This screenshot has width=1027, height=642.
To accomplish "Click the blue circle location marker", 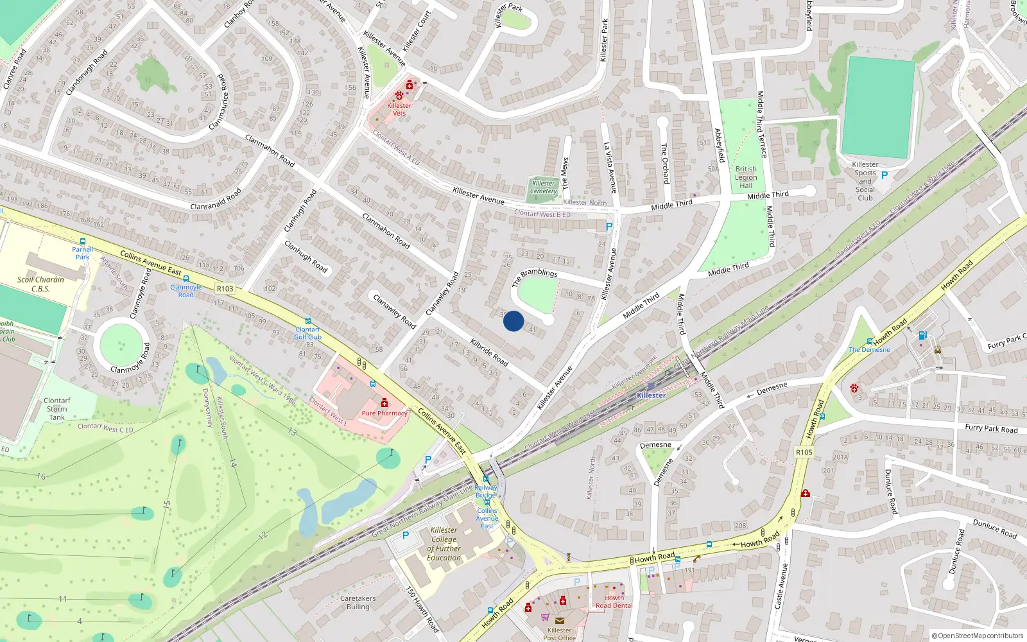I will click(x=513, y=321).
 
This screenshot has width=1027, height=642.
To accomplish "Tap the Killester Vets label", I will click(x=399, y=109).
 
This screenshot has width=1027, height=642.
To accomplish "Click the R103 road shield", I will click(x=225, y=289).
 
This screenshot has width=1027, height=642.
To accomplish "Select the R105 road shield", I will click(x=804, y=452).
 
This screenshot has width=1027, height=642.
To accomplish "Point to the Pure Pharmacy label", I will click(x=384, y=413).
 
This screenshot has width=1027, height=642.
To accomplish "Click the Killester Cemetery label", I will click(x=544, y=187).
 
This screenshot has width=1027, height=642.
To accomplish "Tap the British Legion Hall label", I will click(x=746, y=177).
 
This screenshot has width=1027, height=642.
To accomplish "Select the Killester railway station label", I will click(x=651, y=395).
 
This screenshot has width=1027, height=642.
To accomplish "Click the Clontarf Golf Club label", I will click(x=307, y=333).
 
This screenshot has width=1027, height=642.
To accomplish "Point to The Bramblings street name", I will click(x=535, y=277).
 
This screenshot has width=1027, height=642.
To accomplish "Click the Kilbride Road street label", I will click(x=489, y=352).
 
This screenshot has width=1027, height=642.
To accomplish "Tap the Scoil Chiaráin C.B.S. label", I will click(x=40, y=284).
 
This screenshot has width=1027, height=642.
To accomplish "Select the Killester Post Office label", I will click(x=559, y=634).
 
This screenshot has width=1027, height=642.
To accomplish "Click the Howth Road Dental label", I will click(x=614, y=602).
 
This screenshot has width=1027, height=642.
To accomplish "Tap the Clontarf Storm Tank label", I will click(x=57, y=408).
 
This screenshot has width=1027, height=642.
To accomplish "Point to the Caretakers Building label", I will click(x=358, y=602).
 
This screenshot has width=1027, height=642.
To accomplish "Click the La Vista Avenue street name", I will click(x=610, y=168).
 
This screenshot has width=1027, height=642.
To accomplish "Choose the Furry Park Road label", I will click(x=991, y=428).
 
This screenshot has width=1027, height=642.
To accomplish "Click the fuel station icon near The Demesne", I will click(x=922, y=335).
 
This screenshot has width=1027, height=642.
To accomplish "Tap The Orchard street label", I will click(x=665, y=163).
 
